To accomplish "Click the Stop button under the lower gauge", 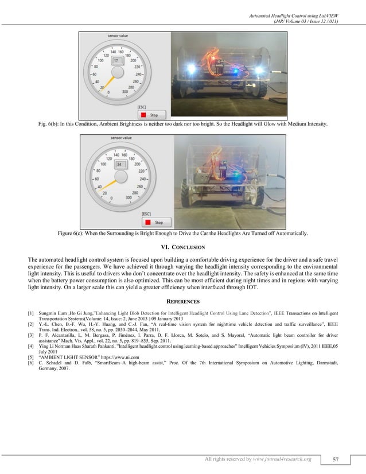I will tap(155, 222).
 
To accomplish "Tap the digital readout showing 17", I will tap(116, 60).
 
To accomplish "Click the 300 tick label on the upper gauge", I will tap(124, 92).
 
